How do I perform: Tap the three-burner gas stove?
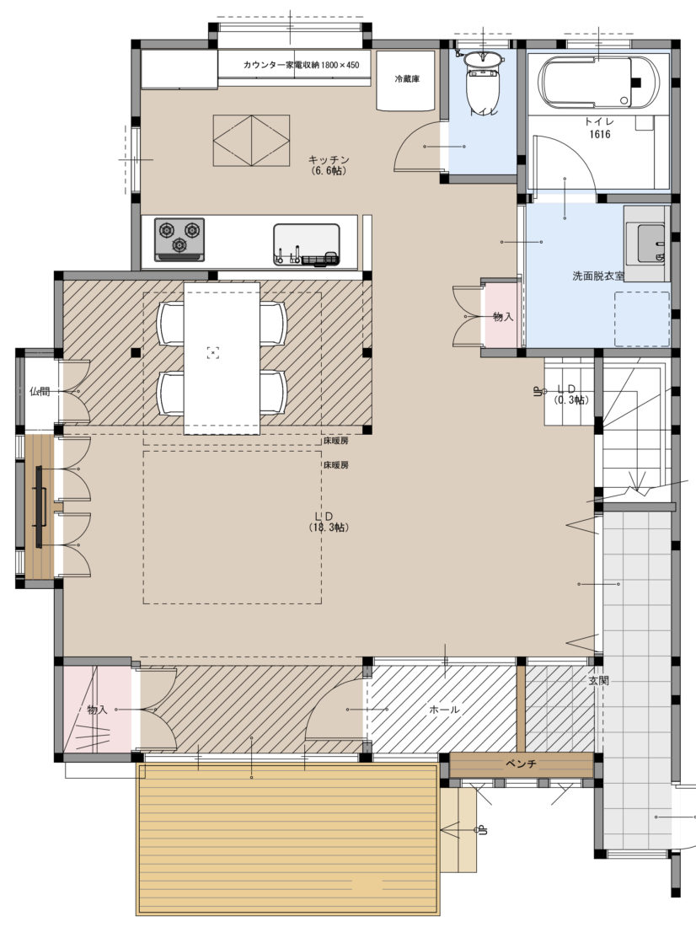click(x=179, y=239)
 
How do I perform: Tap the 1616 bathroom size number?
click(x=599, y=134)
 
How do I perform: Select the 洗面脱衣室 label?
click(x=598, y=276)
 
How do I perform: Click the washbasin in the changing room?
click(x=646, y=243)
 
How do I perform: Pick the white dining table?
click(x=222, y=358)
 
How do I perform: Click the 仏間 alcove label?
click(x=40, y=391)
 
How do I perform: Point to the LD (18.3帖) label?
click(x=329, y=522)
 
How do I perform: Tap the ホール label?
click(x=444, y=710)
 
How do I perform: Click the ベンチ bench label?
click(x=521, y=764)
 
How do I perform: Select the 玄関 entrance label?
click(x=598, y=680)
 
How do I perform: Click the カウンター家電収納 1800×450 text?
click(x=301, y=65)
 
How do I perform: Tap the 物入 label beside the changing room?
click(x=503, y=317)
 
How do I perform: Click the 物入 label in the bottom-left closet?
click(x=97, y=710)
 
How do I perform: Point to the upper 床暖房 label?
click(x=335, y=441)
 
